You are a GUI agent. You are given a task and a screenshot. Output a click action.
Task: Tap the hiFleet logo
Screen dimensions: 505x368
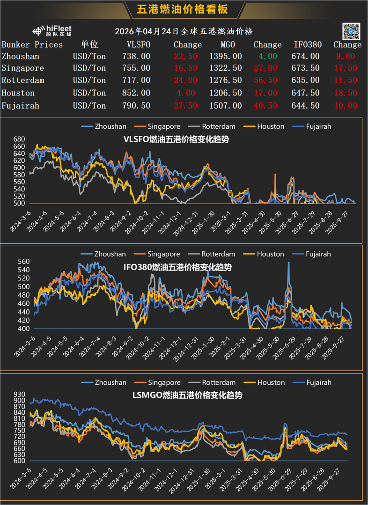point(52,31)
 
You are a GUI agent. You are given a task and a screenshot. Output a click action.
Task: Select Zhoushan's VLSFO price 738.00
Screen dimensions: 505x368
point(139,56)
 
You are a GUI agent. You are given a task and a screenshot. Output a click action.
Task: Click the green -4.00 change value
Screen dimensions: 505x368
point(265,56)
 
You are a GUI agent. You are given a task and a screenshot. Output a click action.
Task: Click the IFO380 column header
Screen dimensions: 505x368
point(308,45)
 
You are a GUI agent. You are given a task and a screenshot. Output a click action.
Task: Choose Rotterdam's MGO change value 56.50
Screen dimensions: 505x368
point(265,81)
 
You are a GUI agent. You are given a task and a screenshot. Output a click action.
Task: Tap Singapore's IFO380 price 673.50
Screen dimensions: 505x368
point(307,68)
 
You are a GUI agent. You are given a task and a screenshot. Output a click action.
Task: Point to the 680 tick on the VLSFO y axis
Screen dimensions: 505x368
point(19,139)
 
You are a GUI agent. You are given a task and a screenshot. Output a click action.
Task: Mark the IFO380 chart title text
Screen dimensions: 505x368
point(183,267)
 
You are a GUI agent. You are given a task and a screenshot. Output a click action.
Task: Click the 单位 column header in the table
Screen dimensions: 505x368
point(89,45)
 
